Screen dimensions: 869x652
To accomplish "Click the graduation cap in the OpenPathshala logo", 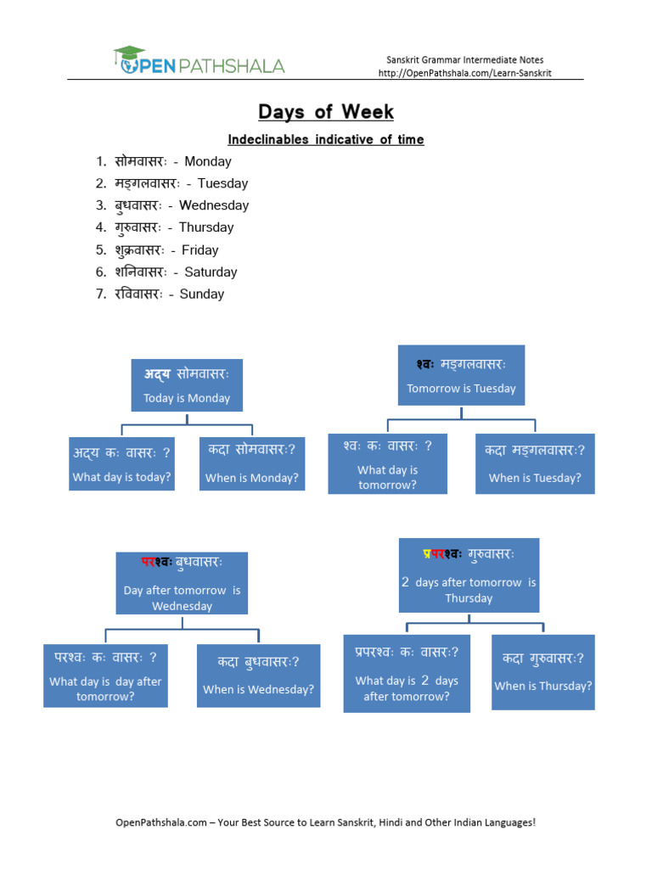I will click(129, 54).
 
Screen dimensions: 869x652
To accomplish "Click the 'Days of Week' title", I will click(326, 112).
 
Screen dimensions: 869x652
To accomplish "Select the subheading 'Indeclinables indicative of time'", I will click(325, 139).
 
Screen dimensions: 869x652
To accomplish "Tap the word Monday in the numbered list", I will click(207, 161).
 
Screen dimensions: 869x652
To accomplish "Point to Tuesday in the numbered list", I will click(222, 183).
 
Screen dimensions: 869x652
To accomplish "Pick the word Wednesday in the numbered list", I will click(214, 205).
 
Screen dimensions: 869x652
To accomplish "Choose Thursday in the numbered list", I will click(205, 227).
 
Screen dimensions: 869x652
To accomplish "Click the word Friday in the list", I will click(200, 250).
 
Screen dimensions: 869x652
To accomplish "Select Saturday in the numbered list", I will click(211, 272).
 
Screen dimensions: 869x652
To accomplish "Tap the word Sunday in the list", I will click(202, 294).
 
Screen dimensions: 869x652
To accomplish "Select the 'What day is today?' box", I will click(122, 464).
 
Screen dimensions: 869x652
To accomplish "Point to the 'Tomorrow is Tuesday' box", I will click(461, 376).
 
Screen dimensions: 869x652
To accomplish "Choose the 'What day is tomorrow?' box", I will click(387, 463).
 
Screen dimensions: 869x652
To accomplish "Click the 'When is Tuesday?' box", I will click(535, 464).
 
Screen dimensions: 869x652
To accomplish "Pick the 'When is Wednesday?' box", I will click(258, 675).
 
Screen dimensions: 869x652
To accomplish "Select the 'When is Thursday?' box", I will click(543, 672).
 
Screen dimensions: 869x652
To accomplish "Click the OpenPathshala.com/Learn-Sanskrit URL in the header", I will click(464, 73).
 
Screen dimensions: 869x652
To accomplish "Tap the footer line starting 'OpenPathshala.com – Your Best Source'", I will click(326, 822).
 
